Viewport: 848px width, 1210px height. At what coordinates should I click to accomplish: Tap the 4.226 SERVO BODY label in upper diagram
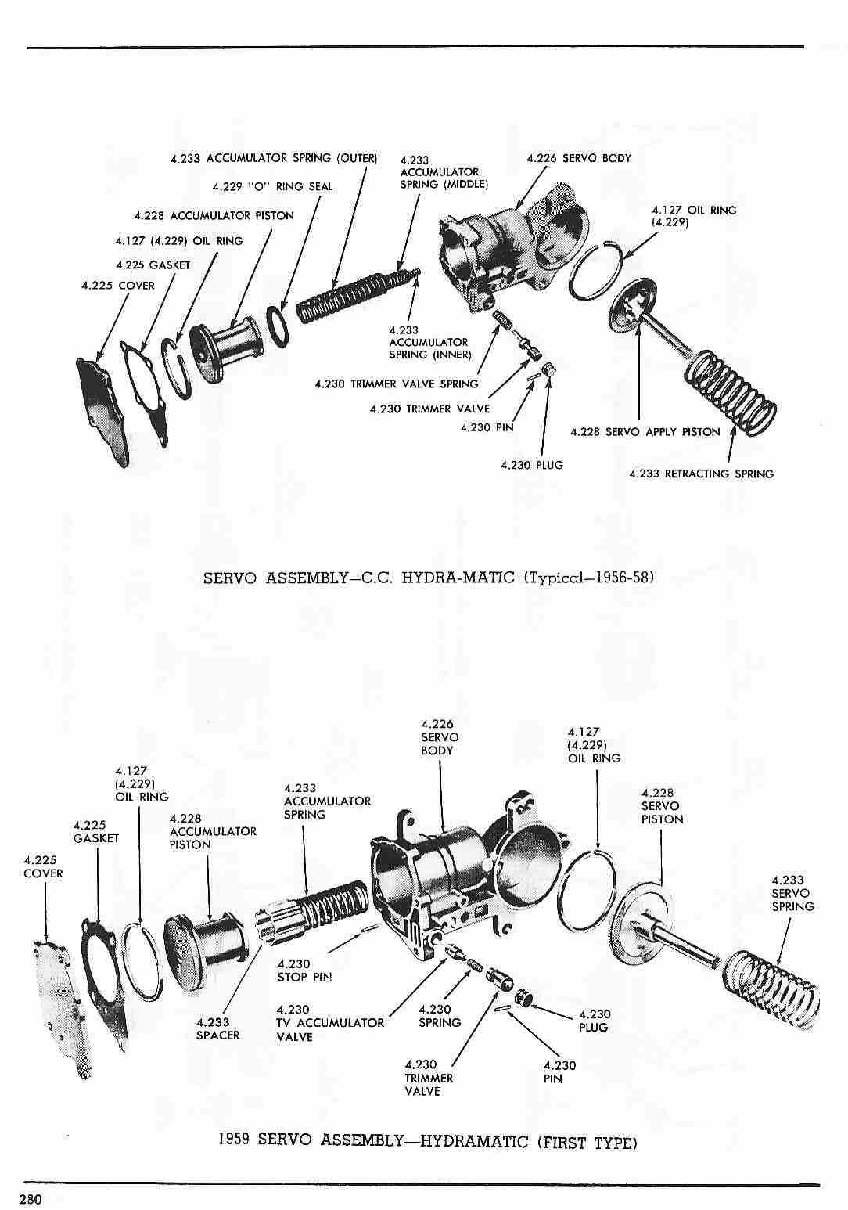pos(579,158)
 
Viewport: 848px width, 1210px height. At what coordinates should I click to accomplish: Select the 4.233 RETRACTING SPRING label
pos(701,474)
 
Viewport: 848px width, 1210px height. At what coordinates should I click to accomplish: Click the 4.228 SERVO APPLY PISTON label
pos(645,432)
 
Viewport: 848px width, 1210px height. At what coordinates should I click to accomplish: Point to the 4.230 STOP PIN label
pos(304,971)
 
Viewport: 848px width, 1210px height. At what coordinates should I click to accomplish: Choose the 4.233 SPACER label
pos(217,1028)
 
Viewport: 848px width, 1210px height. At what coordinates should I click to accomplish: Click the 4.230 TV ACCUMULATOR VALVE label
pos(329,1023)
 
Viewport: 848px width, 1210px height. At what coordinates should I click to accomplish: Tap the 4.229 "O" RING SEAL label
pos(272,187)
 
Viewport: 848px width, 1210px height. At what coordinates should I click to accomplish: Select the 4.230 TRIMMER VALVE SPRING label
pos(396,384)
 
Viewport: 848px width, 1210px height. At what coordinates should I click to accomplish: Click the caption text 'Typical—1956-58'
pos(587,578)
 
